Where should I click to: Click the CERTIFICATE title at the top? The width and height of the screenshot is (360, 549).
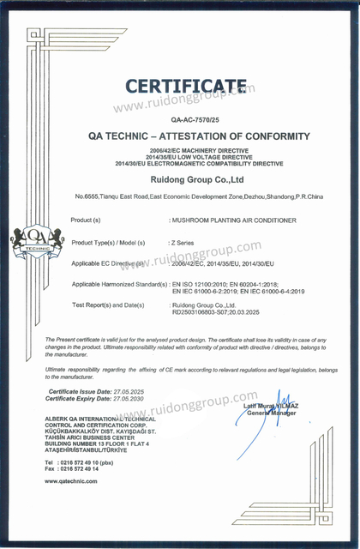click(185, 85)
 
